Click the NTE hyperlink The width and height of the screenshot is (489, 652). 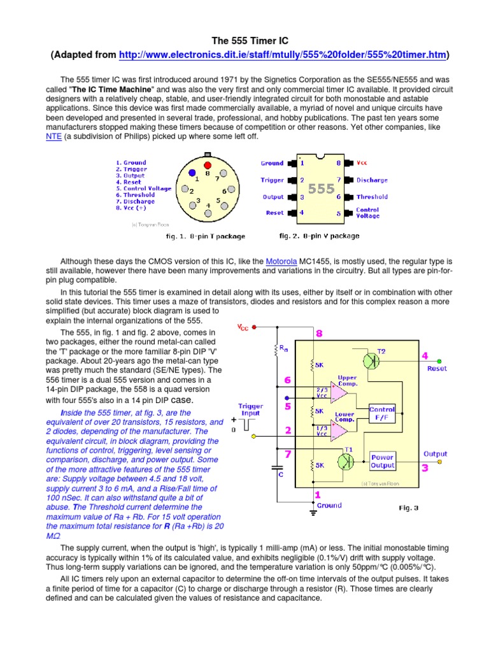coord(53,136)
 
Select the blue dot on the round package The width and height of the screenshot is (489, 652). coord(192,173)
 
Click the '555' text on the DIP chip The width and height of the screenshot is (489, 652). coord(322,189)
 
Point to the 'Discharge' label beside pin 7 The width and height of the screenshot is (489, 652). coord(372,180)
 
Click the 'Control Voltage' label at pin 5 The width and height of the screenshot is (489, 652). coord(368,213)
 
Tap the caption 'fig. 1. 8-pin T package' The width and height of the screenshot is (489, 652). coord(206,236)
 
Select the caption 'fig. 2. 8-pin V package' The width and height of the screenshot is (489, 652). coord(319,236)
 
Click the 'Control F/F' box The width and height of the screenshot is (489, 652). coord(382,414)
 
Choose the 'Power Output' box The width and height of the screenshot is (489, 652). coord(382,461)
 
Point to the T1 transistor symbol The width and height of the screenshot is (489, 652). coord(348,460)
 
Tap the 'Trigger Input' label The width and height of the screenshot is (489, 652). coord(250,409)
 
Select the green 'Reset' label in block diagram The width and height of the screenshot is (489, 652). coord(437,368)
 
